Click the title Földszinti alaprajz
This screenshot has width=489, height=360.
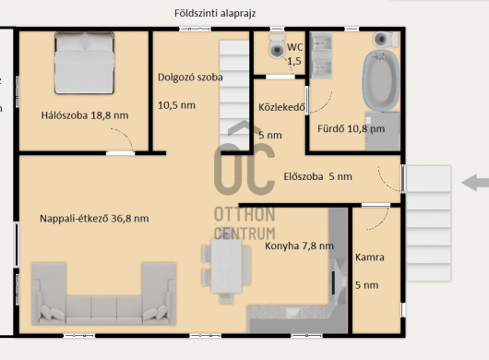(215, 14)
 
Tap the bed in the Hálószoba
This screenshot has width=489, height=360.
(84, 63)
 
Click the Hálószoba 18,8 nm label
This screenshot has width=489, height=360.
(85, 115)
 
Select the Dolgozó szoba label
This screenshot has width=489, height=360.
(190, 78)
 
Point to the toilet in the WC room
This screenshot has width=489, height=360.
(277, 46)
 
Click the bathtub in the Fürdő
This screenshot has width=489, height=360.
(381, 80)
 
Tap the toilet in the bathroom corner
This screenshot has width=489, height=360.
(386, 39)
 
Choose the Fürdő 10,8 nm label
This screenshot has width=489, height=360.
(351, 128)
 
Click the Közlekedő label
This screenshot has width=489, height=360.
(281, 107)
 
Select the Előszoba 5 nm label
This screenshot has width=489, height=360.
(317, 176)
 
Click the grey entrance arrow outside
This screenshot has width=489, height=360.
(475, 183)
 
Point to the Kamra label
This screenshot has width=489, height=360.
(370, 258)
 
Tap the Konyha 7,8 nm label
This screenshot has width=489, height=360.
(299, 246)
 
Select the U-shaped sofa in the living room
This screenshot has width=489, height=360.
(104, 294)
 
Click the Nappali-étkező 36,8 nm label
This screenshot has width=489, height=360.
(94, 219)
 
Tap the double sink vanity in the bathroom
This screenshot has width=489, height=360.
(321, 55)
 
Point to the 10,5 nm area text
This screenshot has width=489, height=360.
(176, 105)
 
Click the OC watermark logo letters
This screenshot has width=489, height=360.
(244, 169)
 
